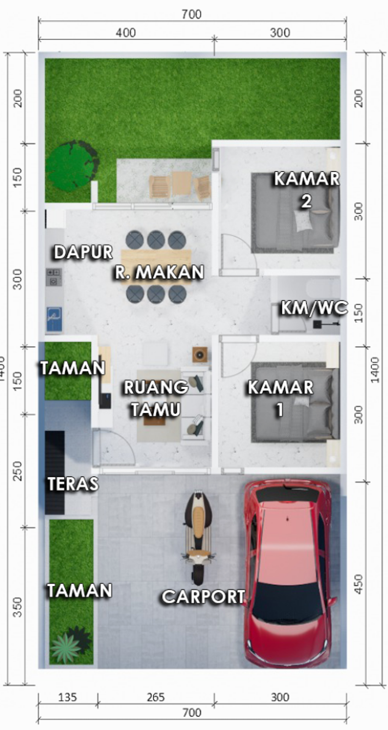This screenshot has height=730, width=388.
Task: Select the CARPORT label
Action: pyautogui.click(x=203, y=597)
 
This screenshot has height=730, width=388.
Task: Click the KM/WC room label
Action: pyautogui.click(x=314, y=308)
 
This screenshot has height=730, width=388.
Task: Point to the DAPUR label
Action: pyautogui.click(x=83, y=252)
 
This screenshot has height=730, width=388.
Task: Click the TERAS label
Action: pyautogui.click(x=73, y=484)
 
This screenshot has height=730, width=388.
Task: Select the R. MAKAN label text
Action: pyautogui.click(x=160, y=272)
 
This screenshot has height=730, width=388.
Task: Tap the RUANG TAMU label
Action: pyautogui.click(x=156, y=398)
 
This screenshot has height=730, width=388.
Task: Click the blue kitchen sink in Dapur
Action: pyautogui.click(x=54, y=318)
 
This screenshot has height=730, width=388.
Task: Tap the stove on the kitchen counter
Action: pyautogui.click(x=54, y=276)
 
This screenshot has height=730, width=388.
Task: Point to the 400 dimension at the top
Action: pyautogui.click(x=126, y=33)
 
